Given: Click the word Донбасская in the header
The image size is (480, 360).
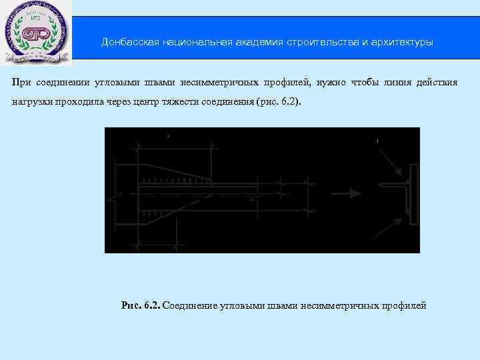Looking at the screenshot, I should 125,43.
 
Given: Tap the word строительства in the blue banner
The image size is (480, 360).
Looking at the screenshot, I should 322,43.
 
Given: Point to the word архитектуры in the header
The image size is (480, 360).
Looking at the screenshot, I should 402,43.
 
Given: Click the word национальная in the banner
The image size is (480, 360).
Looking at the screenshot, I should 192,43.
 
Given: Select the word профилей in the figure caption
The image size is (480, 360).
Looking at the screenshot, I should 403,306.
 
